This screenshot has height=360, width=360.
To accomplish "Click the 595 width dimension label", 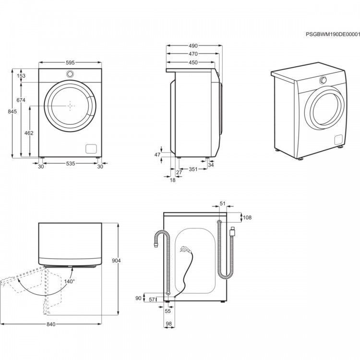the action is click(x=70, y=62).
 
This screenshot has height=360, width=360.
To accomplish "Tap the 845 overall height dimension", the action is click(x=12, y=111).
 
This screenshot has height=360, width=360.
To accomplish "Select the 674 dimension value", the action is click(x=21, y=100).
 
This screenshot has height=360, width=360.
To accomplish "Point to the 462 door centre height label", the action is click(x=29, y=133).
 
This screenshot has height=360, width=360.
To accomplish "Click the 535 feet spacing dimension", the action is click(x=71, y=164).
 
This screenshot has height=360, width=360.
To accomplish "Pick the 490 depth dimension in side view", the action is click(x=193, y=46).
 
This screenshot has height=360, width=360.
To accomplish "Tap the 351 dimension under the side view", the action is click(x=193, y=169).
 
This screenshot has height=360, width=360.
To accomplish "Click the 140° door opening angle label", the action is click(x=69, y=281).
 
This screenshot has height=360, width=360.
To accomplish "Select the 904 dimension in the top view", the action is click(x=116, y=261).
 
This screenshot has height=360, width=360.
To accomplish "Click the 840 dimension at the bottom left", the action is click(x=51, y=324).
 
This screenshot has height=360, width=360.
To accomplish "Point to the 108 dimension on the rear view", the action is click(x=247, y=217).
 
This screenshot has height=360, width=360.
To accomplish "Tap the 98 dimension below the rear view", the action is click(x=169, y=324).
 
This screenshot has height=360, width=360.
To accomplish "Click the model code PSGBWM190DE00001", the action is click(x=333, y=35).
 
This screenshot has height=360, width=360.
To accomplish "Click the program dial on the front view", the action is click(x=70, y=74).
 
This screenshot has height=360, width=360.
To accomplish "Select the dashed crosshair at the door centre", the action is click(x=70, y=106).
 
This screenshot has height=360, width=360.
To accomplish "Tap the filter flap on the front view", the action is click(x=91, y=149).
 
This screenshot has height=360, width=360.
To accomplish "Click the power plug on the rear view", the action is click(x=185, y=249).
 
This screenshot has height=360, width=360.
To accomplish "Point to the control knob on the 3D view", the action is click(x=323, y=80).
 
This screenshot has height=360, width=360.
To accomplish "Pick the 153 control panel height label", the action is click(x=21, y=75).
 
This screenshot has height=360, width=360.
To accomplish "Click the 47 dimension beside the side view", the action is click(x=157, y=155).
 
